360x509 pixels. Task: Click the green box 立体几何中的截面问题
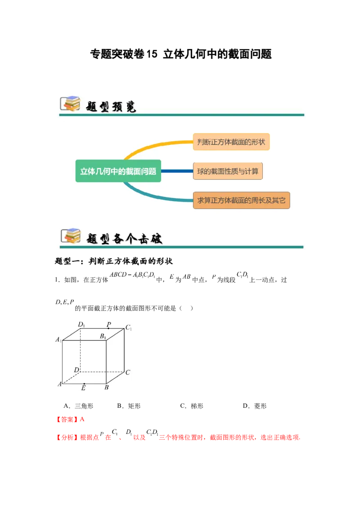tap(118, 171)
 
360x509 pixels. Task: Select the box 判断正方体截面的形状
tap(231, 142)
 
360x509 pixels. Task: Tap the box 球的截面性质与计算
tap(228, 171)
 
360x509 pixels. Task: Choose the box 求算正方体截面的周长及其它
tap(241, 200)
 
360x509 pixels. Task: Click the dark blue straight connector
tap(177, 171)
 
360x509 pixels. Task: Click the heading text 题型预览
tap(111, 106)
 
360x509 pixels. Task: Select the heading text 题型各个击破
tap(124, 238)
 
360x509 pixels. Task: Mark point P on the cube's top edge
tap(108, 328)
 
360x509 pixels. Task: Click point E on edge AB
tap(84, 384)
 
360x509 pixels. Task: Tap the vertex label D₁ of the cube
tap(81, 324)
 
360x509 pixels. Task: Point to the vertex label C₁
tap(128, 328)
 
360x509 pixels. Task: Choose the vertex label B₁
tap(103, 336)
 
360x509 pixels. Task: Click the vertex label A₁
tap(58, 340)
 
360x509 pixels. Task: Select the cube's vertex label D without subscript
tap(76, 370)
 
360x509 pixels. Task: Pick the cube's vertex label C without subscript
tap(128, 372)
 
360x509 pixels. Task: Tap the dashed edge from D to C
tap(102, 372)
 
